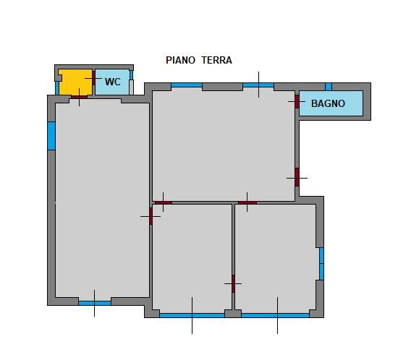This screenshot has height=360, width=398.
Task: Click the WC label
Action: (x=113, y=82)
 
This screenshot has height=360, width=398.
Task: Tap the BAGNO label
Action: (x=328, y=103)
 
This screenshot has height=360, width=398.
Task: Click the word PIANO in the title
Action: (x=180, y=60)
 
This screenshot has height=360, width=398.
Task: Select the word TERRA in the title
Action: (x=217, y=60)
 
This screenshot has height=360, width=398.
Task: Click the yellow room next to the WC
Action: (x=76, y=82)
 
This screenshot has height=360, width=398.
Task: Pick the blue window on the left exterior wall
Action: (x=51, y=136)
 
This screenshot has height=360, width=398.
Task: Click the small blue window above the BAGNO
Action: (x=329, y=87)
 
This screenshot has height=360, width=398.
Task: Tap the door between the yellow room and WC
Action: (x=93, y=78)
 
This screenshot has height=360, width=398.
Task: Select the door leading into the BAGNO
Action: (x=297, y=101)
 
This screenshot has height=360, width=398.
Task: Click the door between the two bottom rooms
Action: (x=233, y=283)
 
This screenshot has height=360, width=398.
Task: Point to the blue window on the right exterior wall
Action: (x=321, y=264)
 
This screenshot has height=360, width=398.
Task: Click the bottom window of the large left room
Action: (x=95, y=303)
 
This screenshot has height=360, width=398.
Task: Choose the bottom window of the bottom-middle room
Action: (x=192, y=315)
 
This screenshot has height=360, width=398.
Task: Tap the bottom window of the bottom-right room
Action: (x=276, y=315)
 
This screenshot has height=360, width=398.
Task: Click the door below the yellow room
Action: (x=79, y=97)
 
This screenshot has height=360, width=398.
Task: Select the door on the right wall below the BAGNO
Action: (x=297, y=177)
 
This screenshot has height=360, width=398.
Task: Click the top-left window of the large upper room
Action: (x=187, y=85)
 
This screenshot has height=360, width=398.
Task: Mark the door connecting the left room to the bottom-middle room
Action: (x=151, y=216)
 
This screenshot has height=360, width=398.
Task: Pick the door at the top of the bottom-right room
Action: (x=247, y=203)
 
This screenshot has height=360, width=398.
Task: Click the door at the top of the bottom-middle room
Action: (x=164, y=203)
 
